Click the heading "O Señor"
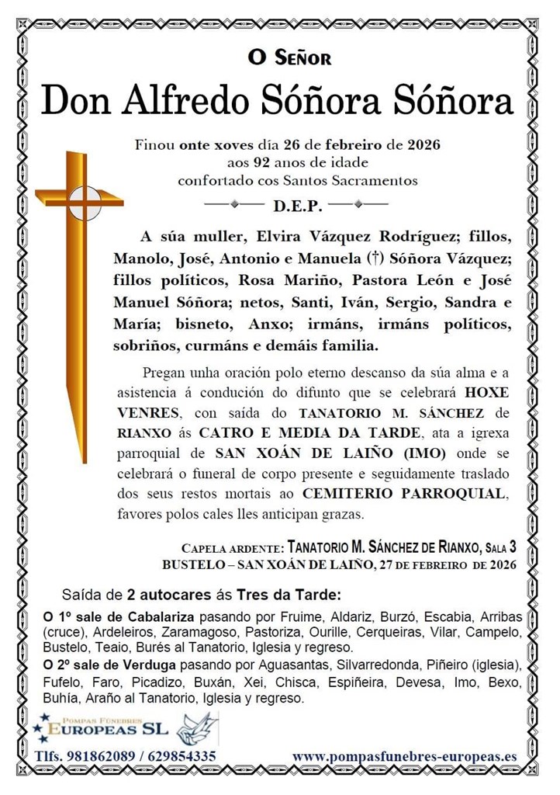[289, 57]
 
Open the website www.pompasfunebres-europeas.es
[404, 756]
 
